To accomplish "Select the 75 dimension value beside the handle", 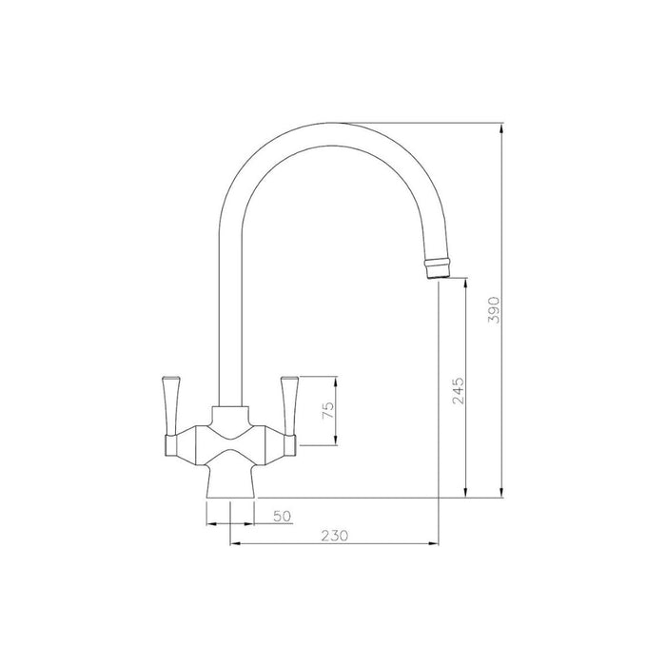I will pos(326,412).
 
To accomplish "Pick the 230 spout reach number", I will pos(332,536).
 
